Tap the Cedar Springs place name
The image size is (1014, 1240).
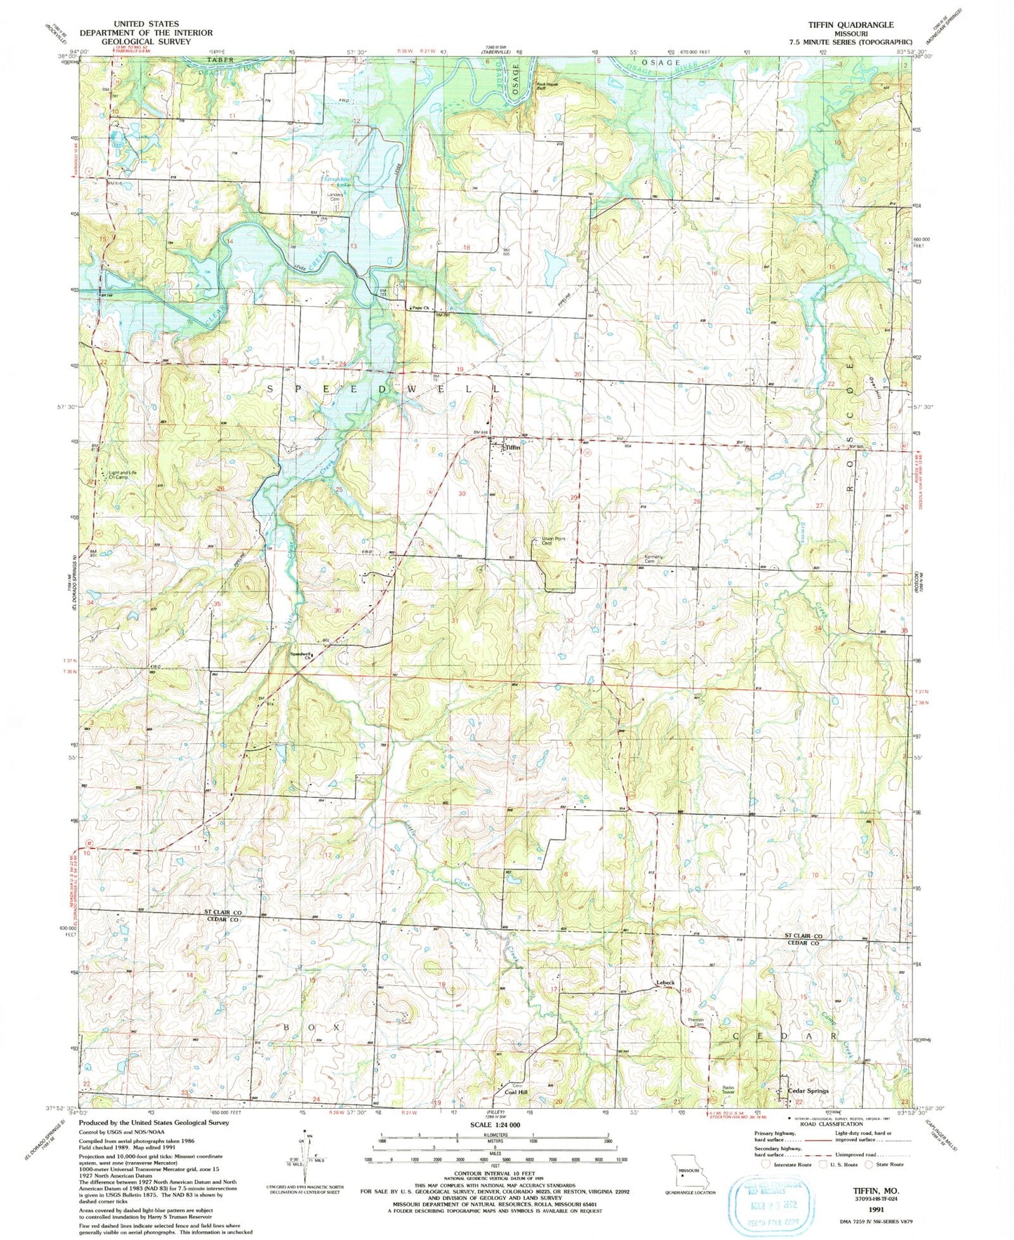click(808, 1091)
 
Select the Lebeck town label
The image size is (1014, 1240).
click(665, 982)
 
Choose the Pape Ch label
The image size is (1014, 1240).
click(420, 308)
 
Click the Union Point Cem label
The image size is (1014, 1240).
click(554, 540)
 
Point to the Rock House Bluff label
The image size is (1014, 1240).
click(551, 87)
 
